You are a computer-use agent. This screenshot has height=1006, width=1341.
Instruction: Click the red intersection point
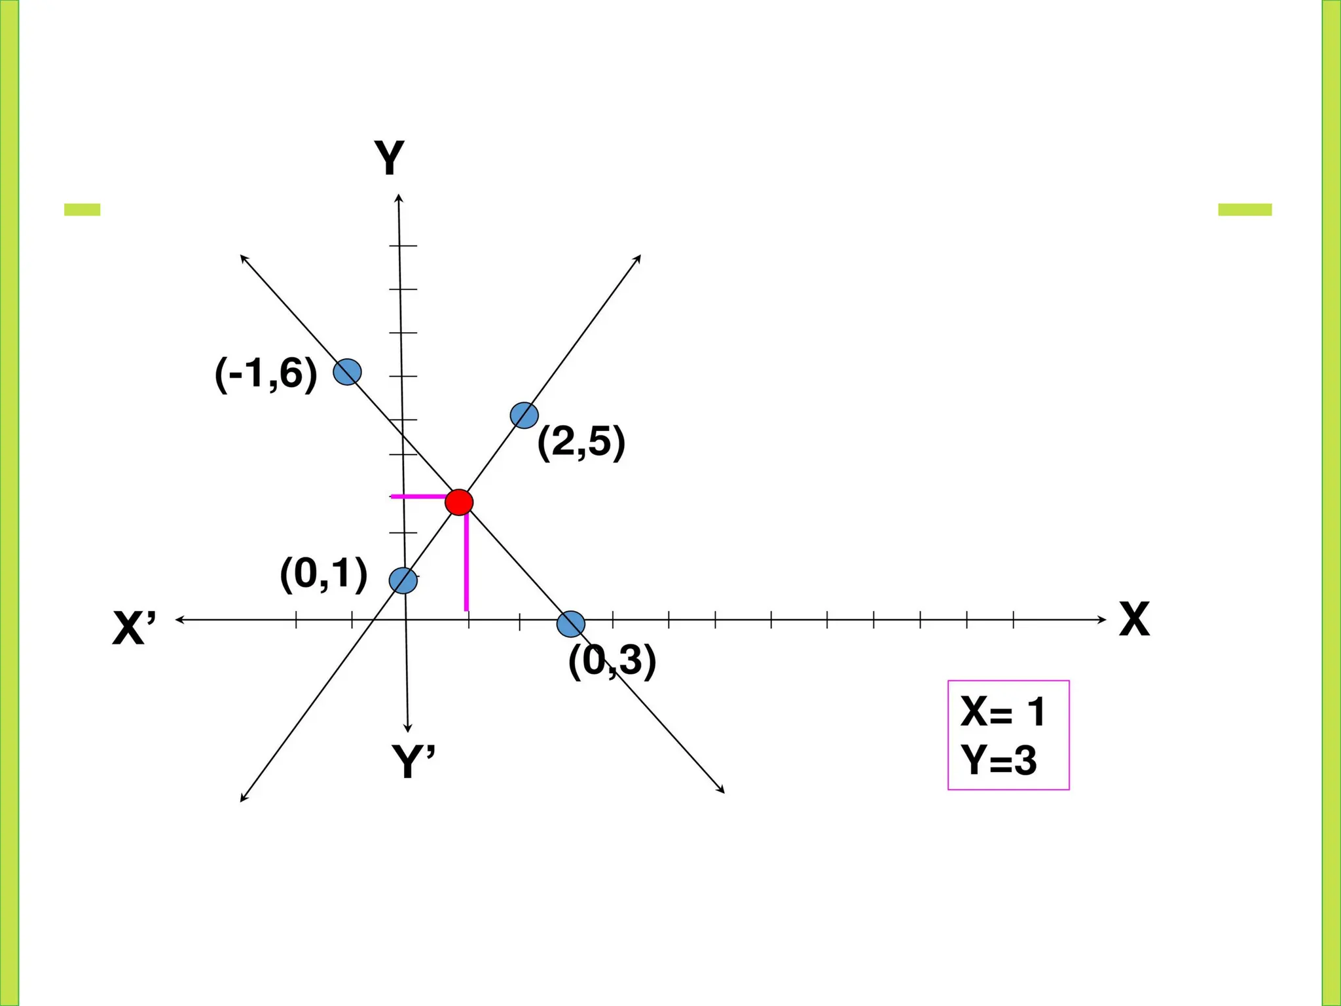[x=459, y=502]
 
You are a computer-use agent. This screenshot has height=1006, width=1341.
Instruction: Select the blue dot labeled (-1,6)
[x=347, y=372]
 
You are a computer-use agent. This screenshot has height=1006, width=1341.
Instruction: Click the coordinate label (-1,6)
[x=266, y=374]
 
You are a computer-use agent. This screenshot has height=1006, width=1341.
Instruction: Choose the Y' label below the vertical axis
[x=413, y=761]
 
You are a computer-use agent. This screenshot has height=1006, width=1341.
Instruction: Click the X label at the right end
[x=1134, y=620]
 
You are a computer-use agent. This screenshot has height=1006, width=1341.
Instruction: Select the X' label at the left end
[x=135, y=629]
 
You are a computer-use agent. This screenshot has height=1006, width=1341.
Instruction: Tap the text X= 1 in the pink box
[x=1002, y=712]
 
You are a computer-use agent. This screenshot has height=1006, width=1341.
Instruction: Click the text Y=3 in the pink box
[x=999, y=761]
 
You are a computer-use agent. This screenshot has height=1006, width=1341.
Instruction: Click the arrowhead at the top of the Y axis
[x=399, y=198]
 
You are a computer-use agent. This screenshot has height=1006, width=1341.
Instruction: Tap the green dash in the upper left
[x=83, y=210]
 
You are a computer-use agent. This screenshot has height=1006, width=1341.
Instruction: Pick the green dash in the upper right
[x=1245, y=210]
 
